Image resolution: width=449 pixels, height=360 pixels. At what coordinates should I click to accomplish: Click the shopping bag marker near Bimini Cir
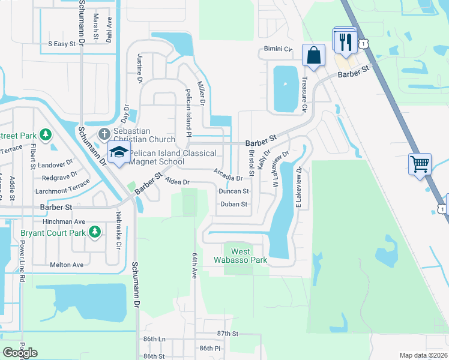pyautogui.click(x=313, y=55)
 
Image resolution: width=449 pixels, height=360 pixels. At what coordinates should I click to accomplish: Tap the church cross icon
pyautogui.click(x=103, y=133)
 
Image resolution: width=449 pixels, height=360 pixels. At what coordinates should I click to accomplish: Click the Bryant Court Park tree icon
pyautogui.click(x=94, y=232)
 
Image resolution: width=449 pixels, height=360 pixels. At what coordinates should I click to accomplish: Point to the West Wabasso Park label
pyautogui.click(x=240, y=256)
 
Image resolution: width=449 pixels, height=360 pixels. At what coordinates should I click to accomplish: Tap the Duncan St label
pyautogui.click(x=234, y=191)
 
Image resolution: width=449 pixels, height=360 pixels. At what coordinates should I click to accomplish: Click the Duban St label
pyautogui.click(x=234, y=205)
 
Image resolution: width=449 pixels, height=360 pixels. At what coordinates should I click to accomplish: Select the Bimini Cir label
pyautogui.click(x=277, y=49)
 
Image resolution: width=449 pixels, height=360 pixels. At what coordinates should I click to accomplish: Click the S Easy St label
pyautogui.click(x=62, y=44)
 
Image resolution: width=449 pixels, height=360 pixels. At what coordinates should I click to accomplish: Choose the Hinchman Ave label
pyautogui.click(x=68, y=221)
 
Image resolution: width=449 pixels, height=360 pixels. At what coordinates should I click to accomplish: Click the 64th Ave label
pyautogui.click(x=194, y=265)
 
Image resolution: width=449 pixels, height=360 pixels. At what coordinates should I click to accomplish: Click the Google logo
pyautogui.click(x=20, y=352)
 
